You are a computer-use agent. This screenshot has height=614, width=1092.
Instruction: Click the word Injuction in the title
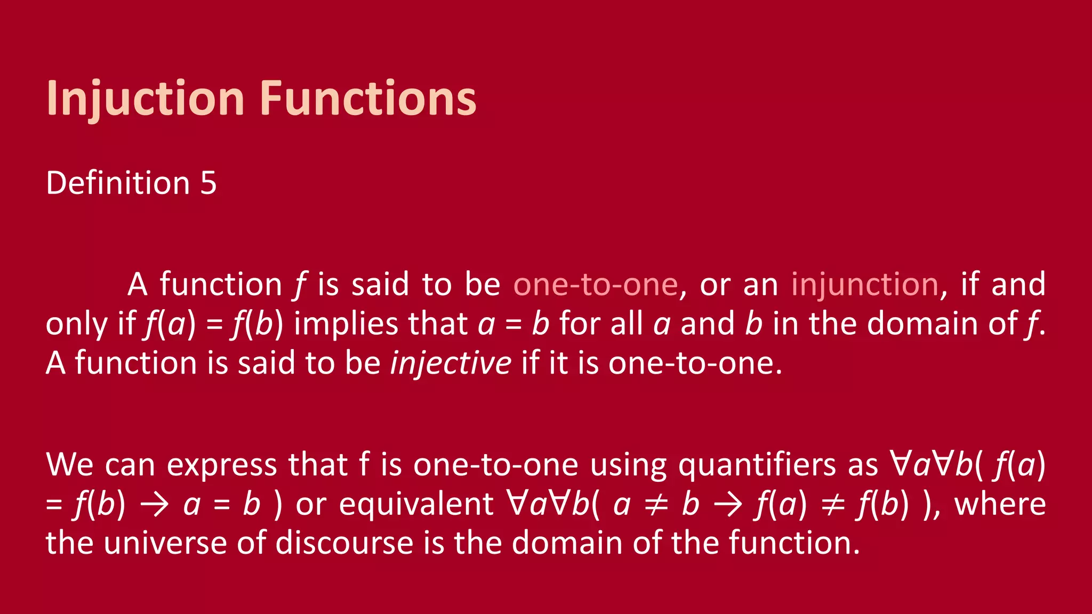click(x=145, y=99)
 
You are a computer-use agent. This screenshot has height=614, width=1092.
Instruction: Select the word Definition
click(x=118, y=183)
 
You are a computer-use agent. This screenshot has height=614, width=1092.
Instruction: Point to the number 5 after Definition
click(x=208, y=183)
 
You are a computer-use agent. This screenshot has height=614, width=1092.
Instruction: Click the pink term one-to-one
click(x=595, y=285)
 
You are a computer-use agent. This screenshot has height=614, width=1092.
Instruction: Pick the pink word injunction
click(x=864, y=285)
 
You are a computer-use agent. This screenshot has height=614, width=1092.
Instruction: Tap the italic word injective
click(x=451, y=363)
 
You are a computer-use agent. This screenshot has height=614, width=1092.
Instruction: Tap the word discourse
click(x=344, y=543)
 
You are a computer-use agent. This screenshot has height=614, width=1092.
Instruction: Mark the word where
click(x=1000, y=504)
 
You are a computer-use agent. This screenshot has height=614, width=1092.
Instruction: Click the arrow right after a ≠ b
click(x=727, y=504)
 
